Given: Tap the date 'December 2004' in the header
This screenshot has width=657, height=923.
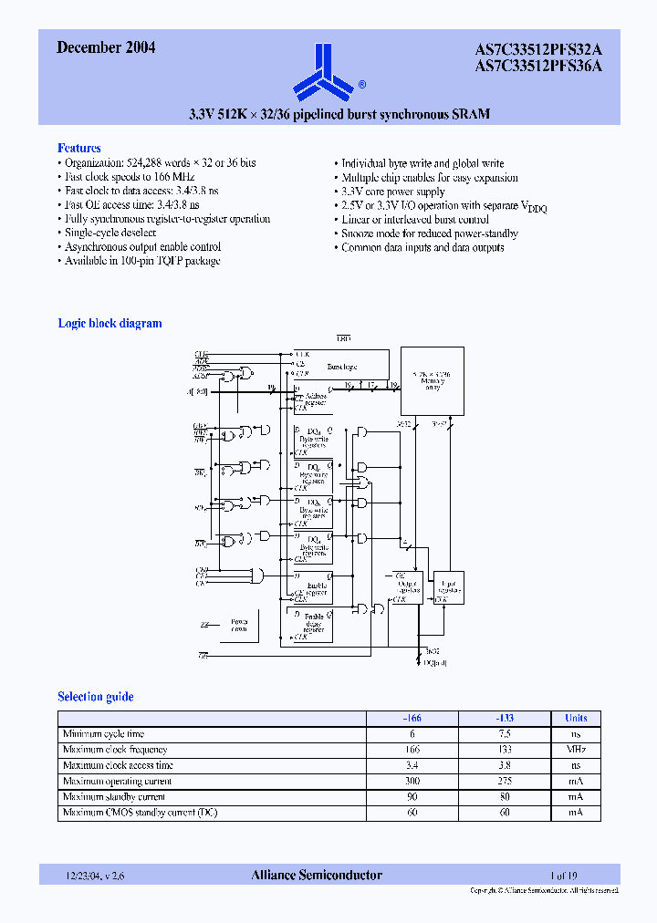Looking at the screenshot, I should click(106, 48).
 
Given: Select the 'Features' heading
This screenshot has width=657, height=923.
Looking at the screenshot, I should click(79, 148).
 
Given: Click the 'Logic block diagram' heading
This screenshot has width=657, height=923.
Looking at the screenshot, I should click(109, 323).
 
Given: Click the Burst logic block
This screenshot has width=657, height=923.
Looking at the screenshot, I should click(341, 367).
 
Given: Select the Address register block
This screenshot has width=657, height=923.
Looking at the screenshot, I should click(313, 400).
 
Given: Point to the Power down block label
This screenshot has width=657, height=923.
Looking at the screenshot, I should click(239, 625).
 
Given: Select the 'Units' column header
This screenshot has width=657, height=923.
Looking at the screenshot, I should click(576, 718).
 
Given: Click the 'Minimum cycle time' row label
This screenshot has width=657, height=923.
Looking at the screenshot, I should click(103, 734).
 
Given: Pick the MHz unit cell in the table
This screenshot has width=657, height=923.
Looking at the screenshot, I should click(576, 750).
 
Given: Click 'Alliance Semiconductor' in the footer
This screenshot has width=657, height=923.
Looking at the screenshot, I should click(317, 876).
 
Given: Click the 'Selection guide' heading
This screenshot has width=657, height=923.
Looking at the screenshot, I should click(96, 697).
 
